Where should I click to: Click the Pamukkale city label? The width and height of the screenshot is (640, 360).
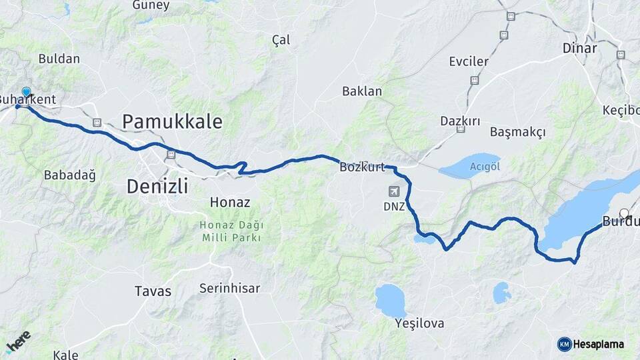172,121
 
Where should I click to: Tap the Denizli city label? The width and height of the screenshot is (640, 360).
157,185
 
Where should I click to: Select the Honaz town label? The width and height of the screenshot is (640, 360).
229,202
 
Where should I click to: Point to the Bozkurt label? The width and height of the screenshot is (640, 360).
362,167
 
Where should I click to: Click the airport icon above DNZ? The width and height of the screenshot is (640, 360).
394,191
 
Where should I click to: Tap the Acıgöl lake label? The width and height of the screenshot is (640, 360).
485,166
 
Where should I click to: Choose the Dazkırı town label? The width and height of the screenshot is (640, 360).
460,121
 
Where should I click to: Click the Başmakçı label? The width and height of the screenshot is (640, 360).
517,131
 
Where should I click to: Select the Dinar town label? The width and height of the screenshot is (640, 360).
579,48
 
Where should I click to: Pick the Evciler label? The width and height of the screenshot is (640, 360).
469,61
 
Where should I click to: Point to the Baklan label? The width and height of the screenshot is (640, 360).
362,91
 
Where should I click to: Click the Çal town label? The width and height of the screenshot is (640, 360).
281,40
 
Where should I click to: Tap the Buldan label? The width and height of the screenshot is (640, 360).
59,59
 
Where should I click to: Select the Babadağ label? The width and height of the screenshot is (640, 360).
69,175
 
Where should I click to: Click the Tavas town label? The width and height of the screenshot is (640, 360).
153,291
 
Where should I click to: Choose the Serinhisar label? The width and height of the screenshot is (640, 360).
229,288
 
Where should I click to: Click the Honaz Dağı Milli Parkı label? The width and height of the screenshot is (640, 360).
230,231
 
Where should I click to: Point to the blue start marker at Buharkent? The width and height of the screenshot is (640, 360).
27,93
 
